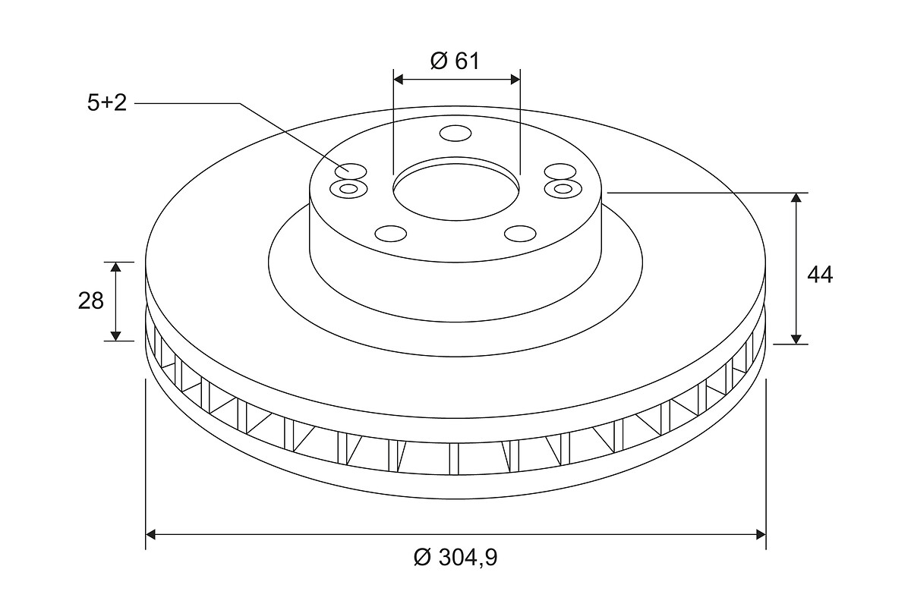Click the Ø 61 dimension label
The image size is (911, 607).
(455, 61)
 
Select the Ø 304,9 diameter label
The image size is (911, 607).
(455, 558)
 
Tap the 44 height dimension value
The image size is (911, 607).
(820, 275)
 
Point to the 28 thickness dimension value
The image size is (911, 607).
(90, 301)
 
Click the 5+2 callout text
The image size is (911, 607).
(107, 103)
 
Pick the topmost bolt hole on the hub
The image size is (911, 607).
(455, 134)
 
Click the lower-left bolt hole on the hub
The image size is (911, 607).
(390, 234)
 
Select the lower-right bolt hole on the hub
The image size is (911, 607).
(520, 234)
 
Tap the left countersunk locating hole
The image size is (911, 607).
(348, 189)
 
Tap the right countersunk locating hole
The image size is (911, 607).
(563, 189)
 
